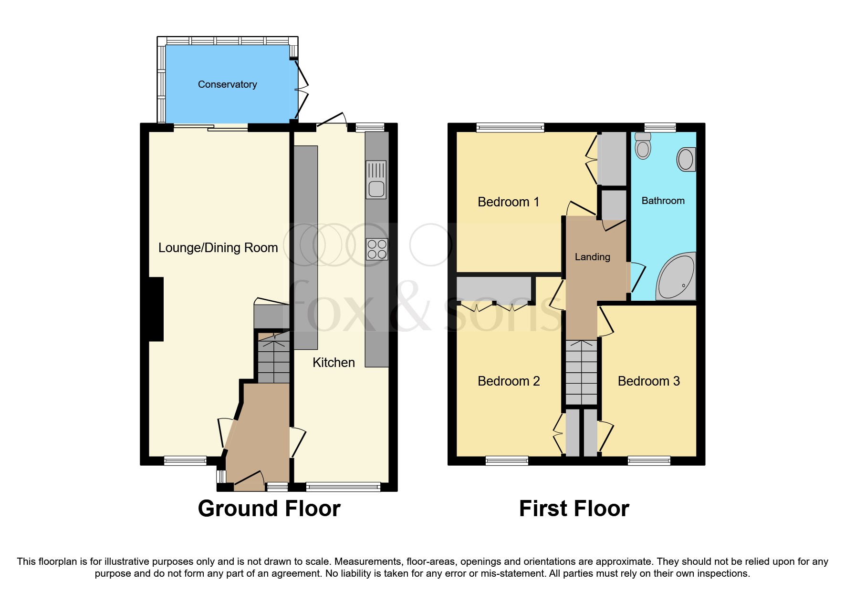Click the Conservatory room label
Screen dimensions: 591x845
pos(227,84)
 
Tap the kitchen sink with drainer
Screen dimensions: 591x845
pos(376,180)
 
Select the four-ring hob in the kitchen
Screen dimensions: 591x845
pos(376,249)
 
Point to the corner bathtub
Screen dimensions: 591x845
pos(677,277)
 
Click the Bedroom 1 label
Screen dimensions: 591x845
pos(508,202)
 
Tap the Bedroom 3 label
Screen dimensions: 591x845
pos(648,381)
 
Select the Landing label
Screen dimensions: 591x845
pos(592,257)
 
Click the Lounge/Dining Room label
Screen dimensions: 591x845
pos(218,248)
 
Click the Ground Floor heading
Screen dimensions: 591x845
pos(269,509)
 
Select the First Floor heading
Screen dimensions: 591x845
pos(574,509)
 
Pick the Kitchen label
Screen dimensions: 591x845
pos(334,363)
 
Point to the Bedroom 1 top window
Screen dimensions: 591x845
pos(510,127)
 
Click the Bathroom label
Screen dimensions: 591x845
pos(663,201)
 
